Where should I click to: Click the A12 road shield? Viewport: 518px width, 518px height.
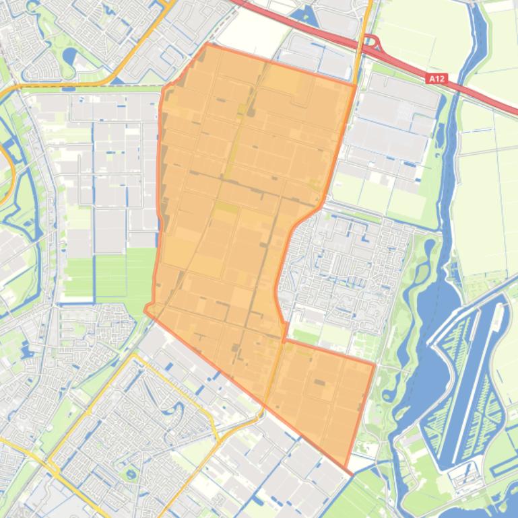coord(437,79)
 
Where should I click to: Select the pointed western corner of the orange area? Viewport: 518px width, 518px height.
coord(145,310)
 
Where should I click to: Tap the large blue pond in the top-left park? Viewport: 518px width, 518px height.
coord(69,54)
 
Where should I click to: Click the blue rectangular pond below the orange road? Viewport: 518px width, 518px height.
coord(68,88)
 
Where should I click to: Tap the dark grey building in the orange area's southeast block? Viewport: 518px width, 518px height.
coord(319,382)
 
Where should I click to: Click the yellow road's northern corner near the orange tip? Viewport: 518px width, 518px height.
coord(134,355)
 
